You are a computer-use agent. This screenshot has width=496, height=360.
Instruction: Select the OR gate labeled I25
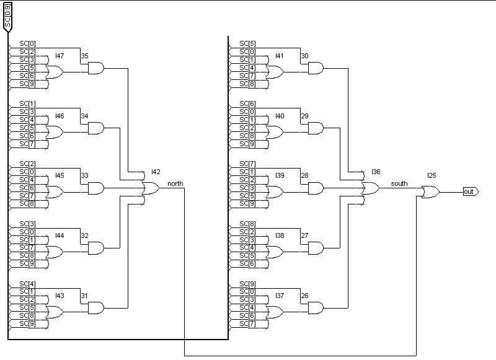pyautogui.click(x=430, y=192)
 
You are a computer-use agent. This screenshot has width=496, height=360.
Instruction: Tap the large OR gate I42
pyautogui.click(x=151, y=188)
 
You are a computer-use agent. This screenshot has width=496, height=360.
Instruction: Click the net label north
pyautogui.click(x=175, y=183)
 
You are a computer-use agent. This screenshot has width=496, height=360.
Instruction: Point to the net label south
pyautogui.click(x=399, y=183)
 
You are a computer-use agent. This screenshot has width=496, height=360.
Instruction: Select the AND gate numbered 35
pyautogui.click(x=96, y=68)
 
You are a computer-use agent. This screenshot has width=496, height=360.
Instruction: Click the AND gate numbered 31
pyautogui.click(x=96, y=307)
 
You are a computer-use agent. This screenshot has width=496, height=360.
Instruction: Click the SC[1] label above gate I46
pyautogui.click(x=27, y=103)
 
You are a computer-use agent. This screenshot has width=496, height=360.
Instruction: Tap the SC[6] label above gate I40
pyautogui.click(x=247, y=103)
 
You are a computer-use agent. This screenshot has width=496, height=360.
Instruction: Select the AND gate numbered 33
pyautogui.click(x=96, y=188)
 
